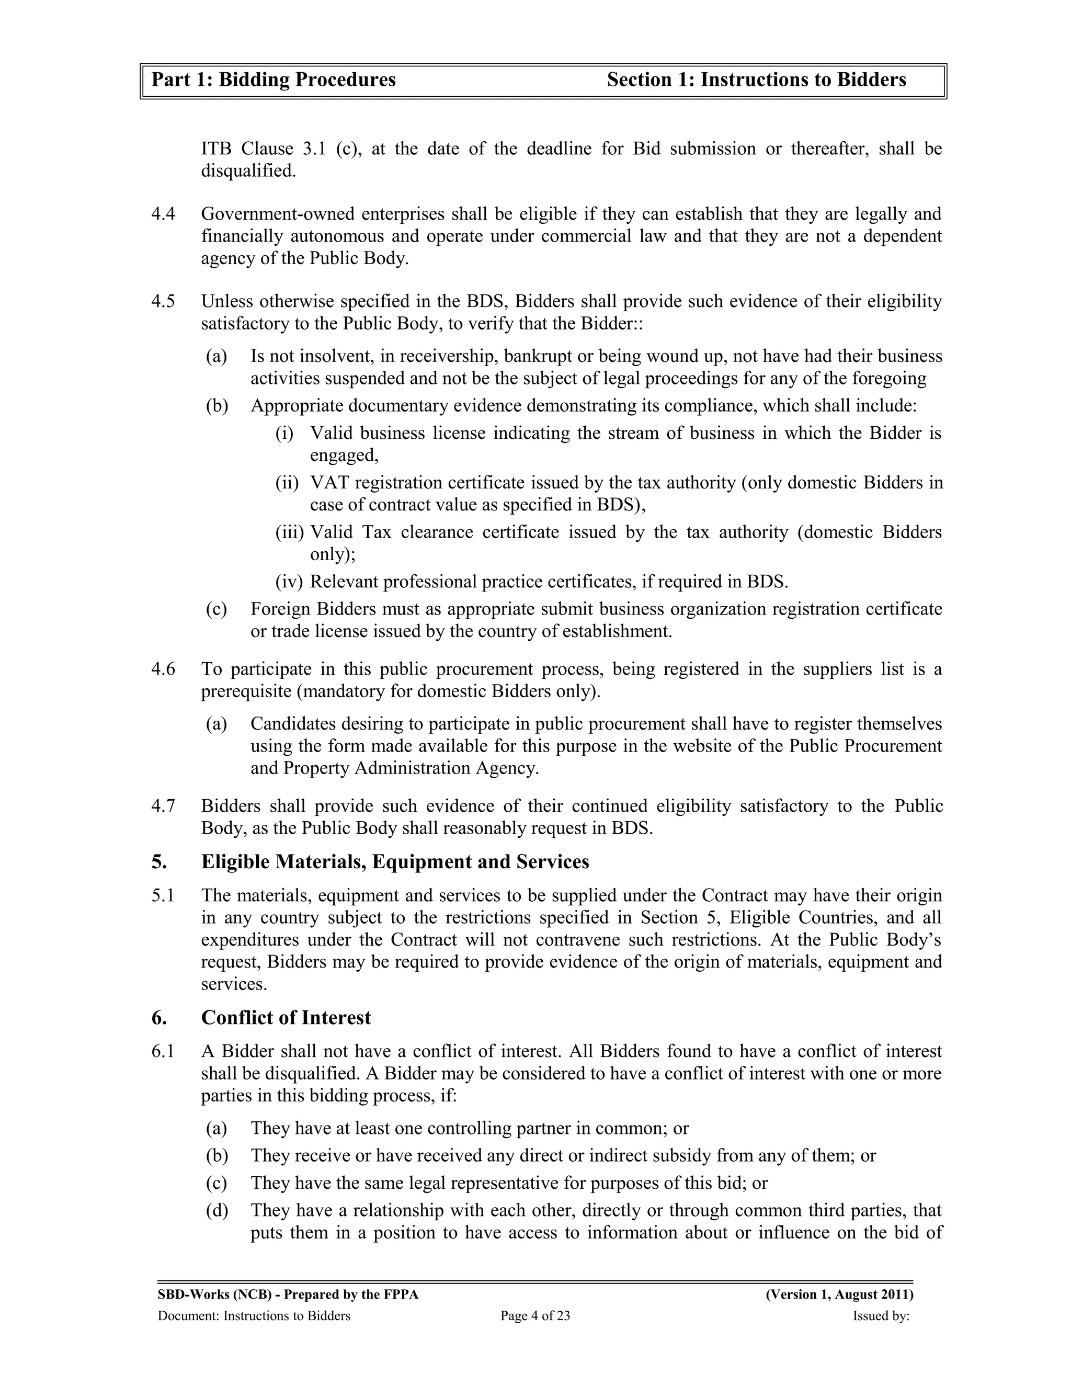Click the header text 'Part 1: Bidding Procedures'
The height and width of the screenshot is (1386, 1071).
(x=274, y=80)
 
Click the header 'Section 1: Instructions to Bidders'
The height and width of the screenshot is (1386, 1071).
(x=756, y=80)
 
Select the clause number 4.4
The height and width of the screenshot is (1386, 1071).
(x=163, y=214)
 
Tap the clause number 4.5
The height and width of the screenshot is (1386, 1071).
(x=163, y=301)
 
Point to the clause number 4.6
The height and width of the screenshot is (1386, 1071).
(x=163, y=669)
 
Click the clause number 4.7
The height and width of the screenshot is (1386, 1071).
(x=163, y=806)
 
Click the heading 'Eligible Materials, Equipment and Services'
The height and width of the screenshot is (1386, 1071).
(x=395, y=862)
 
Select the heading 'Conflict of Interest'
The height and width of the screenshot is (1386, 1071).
(x=286, y=1018)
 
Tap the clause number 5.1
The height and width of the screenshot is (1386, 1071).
(x=163, y=895)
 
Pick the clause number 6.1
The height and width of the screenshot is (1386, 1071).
(x=163, y=1052)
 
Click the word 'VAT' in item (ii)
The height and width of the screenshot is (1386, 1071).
(x=329, y=483)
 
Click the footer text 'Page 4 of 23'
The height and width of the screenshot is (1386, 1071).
(x=535, y=1316)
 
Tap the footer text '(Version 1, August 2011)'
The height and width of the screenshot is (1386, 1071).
(x=839, y=1294)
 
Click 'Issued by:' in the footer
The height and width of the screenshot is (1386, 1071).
(x=881, y=1316)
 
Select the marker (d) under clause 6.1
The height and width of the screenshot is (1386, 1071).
(x=217, y=1210)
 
